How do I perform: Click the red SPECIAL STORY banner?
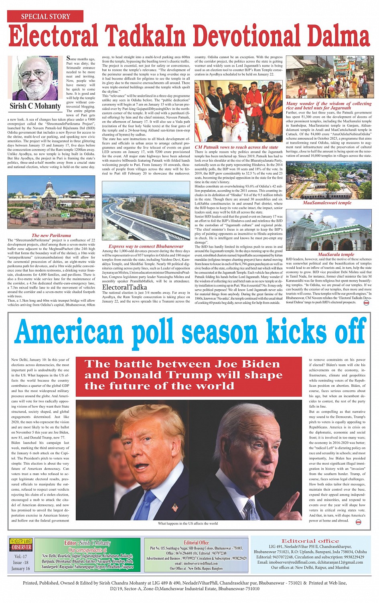pyautogui.click(x=45, y=16)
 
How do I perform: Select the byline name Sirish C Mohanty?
pyautogui.click(x=35, y=106)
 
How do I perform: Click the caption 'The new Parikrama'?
pyautogui.click(x=51, y=236)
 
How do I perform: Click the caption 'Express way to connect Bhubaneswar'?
pyautogui.click(x=146, y=246)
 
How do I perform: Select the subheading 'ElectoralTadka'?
pyautogui.click(x=124, y=287)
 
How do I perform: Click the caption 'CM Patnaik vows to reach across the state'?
pyautogui.click(x=236, y=147)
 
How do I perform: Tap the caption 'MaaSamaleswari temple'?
pyautogui.click(x=327, y=203)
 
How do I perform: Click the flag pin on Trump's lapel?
pyautogui.click(x=175, y=508)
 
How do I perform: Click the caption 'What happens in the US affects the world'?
pyautogui.click(x=188, y=524)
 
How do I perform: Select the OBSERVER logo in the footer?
pyautogui.click(x=21, y=547)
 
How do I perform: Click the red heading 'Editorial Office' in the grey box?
pyautogui.click(x=196, y=543)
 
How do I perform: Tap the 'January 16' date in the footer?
pyautogui.click(x=21, y=568)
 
